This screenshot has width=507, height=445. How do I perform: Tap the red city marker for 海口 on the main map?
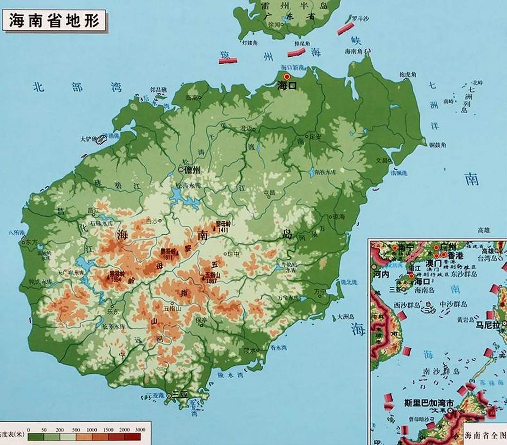[x=287, y=77]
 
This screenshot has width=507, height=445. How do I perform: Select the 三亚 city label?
[x=180, y=395]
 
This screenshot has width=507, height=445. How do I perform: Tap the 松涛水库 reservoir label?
[x=188, y=185]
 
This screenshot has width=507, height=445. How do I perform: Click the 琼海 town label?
[x=339, y=217]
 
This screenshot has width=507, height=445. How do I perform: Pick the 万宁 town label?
[x=319, y=291]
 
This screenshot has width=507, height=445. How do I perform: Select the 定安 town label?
[x=315, y=137]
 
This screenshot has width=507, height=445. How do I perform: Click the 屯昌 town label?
[x=269, y=192]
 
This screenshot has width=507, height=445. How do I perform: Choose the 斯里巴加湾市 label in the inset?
[x=429, y=403]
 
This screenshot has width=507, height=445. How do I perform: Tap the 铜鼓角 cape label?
[x=437, y=145]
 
